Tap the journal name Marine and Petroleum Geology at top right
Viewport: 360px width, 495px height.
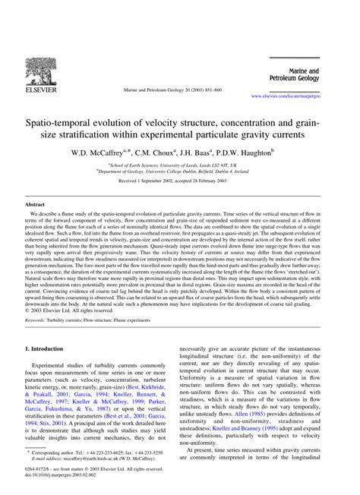[314, 73]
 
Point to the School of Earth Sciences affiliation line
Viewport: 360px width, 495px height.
[179, 165]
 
